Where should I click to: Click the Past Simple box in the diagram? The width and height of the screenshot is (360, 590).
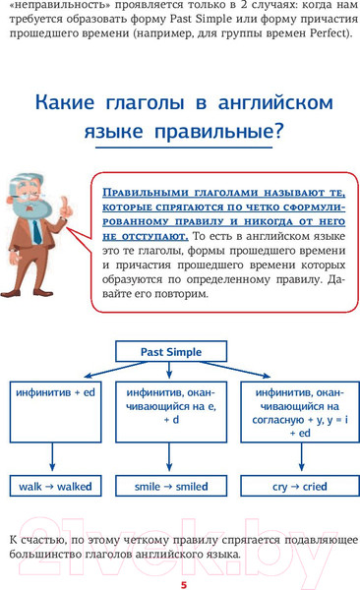pos(172,350)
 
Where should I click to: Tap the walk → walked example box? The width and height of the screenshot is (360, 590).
pos(55,486)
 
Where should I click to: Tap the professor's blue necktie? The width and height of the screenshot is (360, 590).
pos(34,232)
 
